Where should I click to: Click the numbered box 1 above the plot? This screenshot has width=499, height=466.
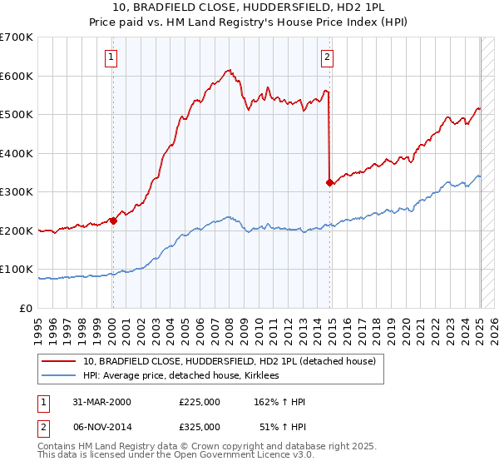click(x=111, y=57)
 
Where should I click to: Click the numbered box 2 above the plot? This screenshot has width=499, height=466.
click(x=328, y=57)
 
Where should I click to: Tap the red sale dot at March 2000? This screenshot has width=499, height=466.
click(x=113, y=221)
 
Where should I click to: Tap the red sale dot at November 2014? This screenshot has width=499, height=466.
click(x=330, y=182)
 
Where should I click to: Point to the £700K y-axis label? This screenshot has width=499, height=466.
click(x=17, y=37)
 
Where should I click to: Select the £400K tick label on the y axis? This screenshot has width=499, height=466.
click(x=17, y=153)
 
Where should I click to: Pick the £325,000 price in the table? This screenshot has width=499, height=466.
click(x=200, y=427)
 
